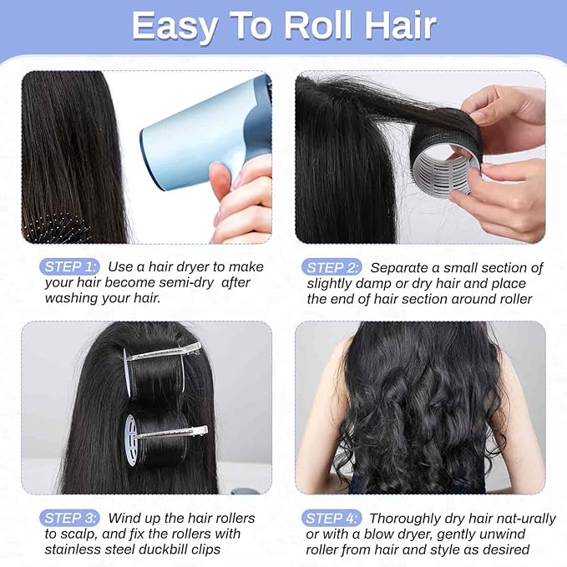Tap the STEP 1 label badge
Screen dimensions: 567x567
click(69, 266)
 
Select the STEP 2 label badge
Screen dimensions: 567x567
click(332, 267)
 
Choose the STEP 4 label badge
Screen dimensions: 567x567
click(332, 518)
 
